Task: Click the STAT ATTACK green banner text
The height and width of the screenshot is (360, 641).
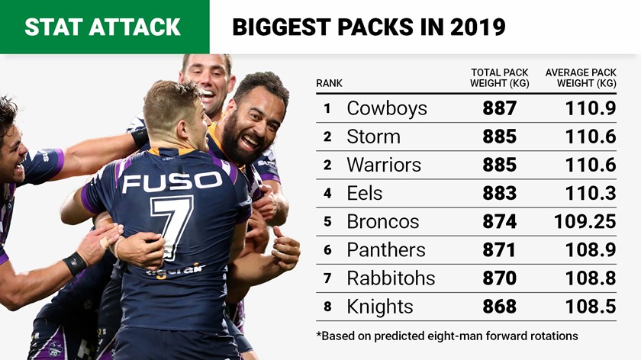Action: coord(102,27)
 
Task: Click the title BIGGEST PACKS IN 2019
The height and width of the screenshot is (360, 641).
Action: coord(369,27)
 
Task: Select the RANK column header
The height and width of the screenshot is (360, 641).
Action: coord(329,83)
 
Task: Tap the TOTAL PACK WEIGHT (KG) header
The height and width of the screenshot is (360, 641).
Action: coord(499,78)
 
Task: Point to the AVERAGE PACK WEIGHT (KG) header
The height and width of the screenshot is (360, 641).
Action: coord(581,78)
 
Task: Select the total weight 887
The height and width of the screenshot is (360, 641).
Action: coord(499,108)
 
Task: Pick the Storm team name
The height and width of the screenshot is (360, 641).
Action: coord(373,137)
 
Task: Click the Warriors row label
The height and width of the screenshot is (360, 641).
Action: coord(382,165)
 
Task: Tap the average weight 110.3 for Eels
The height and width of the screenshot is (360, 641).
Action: coord(591,193)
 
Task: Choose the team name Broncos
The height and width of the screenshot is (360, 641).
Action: coord(382,221)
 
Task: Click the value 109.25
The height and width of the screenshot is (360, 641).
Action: coord(585,221)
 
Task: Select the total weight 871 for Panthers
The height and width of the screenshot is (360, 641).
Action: coord(499,249)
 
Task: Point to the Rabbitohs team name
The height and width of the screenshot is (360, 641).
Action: coord(390,278)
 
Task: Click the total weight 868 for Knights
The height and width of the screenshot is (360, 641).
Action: coord(499,306)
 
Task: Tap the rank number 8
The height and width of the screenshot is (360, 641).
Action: coord(327,306)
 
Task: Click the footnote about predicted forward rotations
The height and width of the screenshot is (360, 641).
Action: coord(447,336)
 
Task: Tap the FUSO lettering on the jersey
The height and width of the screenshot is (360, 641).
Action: coord(172,182)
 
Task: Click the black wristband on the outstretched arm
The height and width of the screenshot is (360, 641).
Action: coord(75,264)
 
